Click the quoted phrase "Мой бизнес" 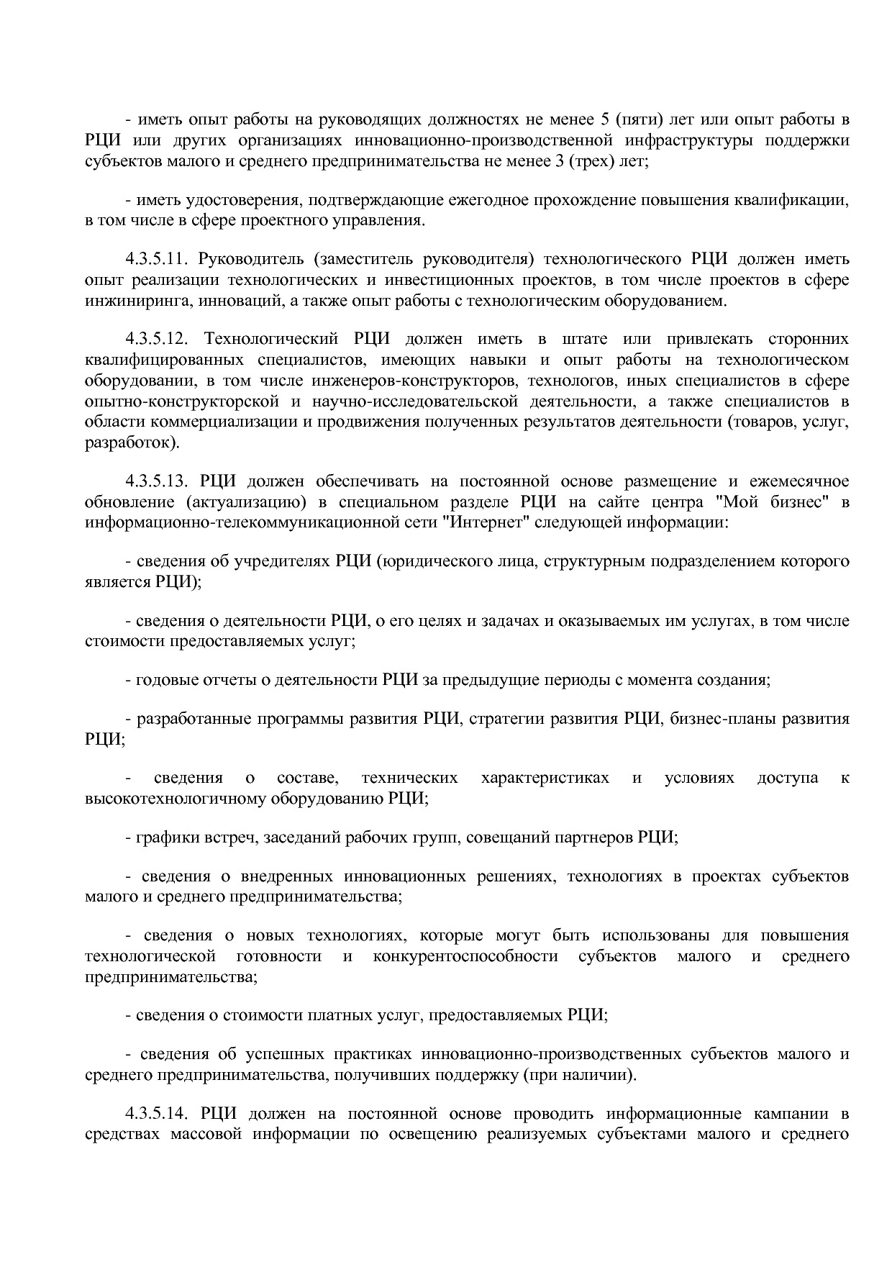tap(774, 501)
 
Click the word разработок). tap(131, 442)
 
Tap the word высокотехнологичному tap(175, 798)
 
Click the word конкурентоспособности tap(465, 956)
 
